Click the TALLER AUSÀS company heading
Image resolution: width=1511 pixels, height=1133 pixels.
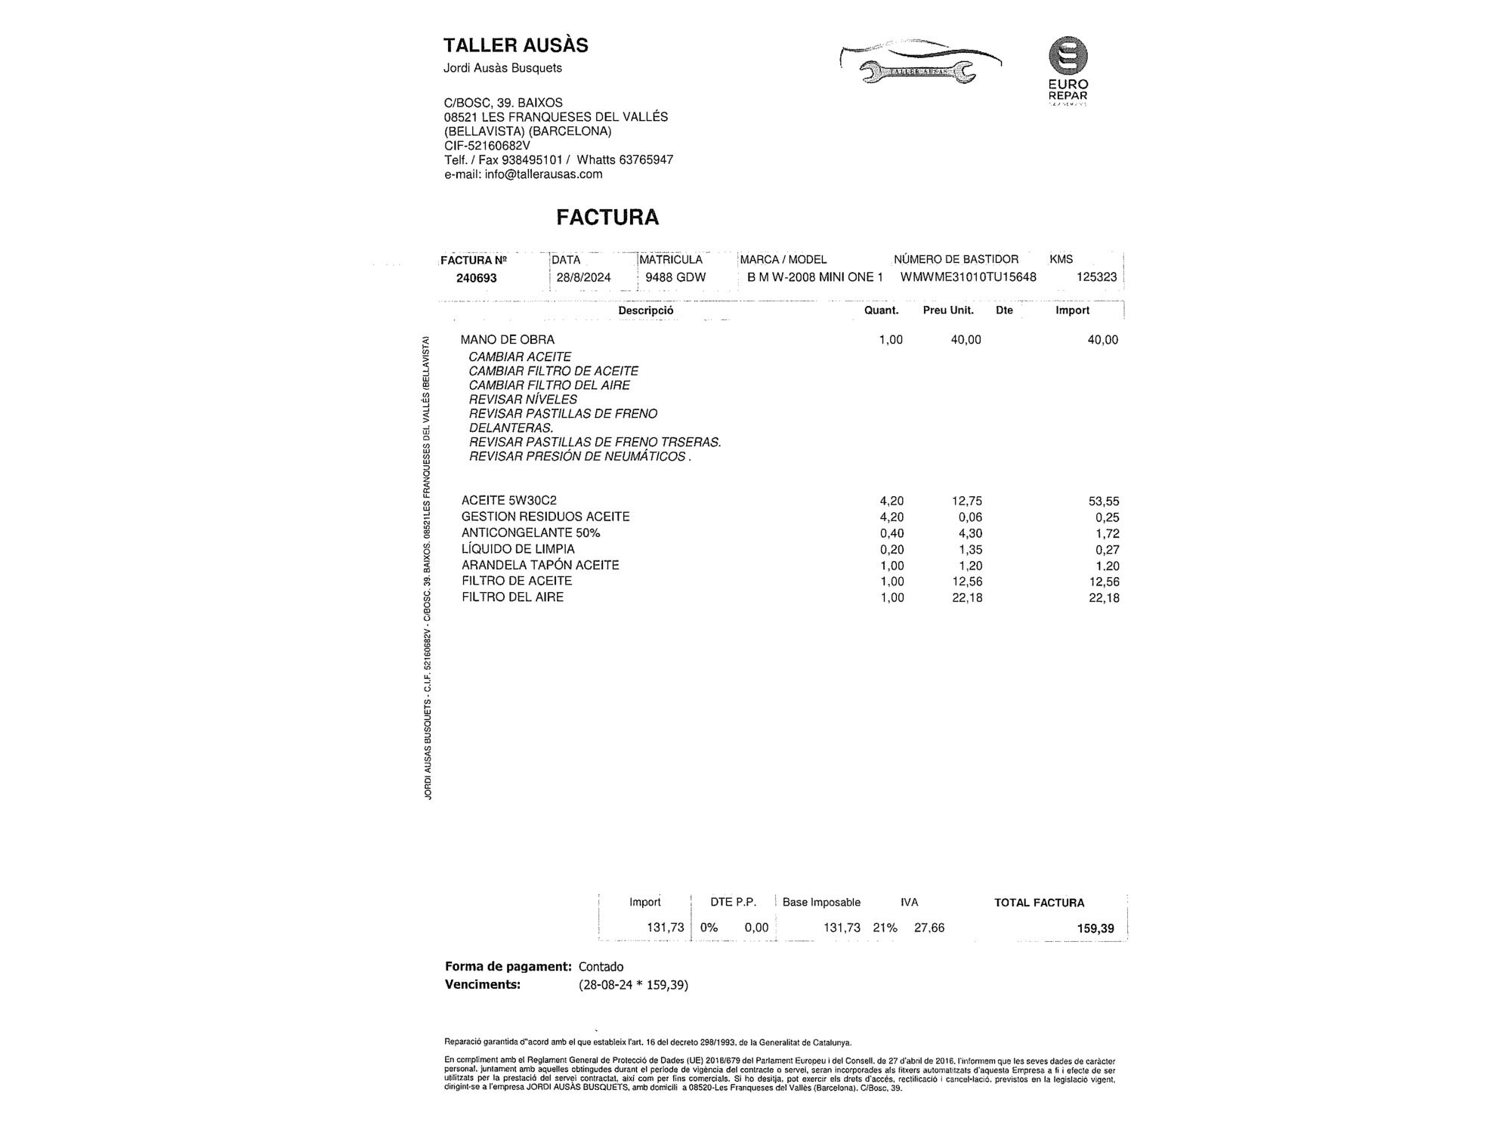(515, 45)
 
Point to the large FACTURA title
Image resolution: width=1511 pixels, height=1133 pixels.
(607, 218)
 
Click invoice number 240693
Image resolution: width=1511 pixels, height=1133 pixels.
(476, 278)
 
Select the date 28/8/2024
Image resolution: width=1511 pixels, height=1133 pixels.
(583, 277)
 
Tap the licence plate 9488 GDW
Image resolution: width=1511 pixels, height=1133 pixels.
(675, 277)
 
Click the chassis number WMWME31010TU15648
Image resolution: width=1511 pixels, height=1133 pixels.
(968, 277)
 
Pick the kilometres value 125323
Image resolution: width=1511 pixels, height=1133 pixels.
(1096, 277)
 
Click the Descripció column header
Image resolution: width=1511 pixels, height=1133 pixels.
(645, 310)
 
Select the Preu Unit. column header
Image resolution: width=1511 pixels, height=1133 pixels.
(948, 310)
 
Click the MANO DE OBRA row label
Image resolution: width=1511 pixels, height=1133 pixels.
(507, 340)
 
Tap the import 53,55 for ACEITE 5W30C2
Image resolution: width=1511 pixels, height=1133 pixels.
(1104, 502)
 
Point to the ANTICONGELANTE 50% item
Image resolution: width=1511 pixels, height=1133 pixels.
(530, 533)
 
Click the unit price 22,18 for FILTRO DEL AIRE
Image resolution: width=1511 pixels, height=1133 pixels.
(967, 598)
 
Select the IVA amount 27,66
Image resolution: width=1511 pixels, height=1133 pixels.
(929, 928)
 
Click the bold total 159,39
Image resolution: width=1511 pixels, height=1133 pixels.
(1095, 928)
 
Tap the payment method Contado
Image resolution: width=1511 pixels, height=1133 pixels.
(601, 967)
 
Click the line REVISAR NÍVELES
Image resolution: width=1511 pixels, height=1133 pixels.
(523, 400)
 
